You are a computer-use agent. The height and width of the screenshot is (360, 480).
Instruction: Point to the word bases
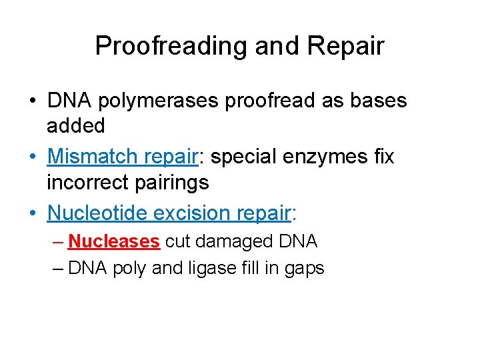pyautogui.click(x=375, y=101)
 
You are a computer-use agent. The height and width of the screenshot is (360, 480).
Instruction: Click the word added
pyautogui.click(x=76, y=125)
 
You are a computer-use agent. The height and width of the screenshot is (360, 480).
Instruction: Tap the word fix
pyautogui.click(x=383, y=157)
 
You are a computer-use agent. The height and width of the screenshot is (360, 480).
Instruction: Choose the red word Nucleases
pyautogui.click(x=114, y=241)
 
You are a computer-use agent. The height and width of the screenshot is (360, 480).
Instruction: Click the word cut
pyautogui.click(x=177, y=241)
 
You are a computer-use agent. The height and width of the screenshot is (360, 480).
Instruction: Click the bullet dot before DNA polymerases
pyautogui.click(x=32, y=101)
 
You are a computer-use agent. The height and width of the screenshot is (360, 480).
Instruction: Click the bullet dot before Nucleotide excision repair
pyautogui.click(x=32, y=213)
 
